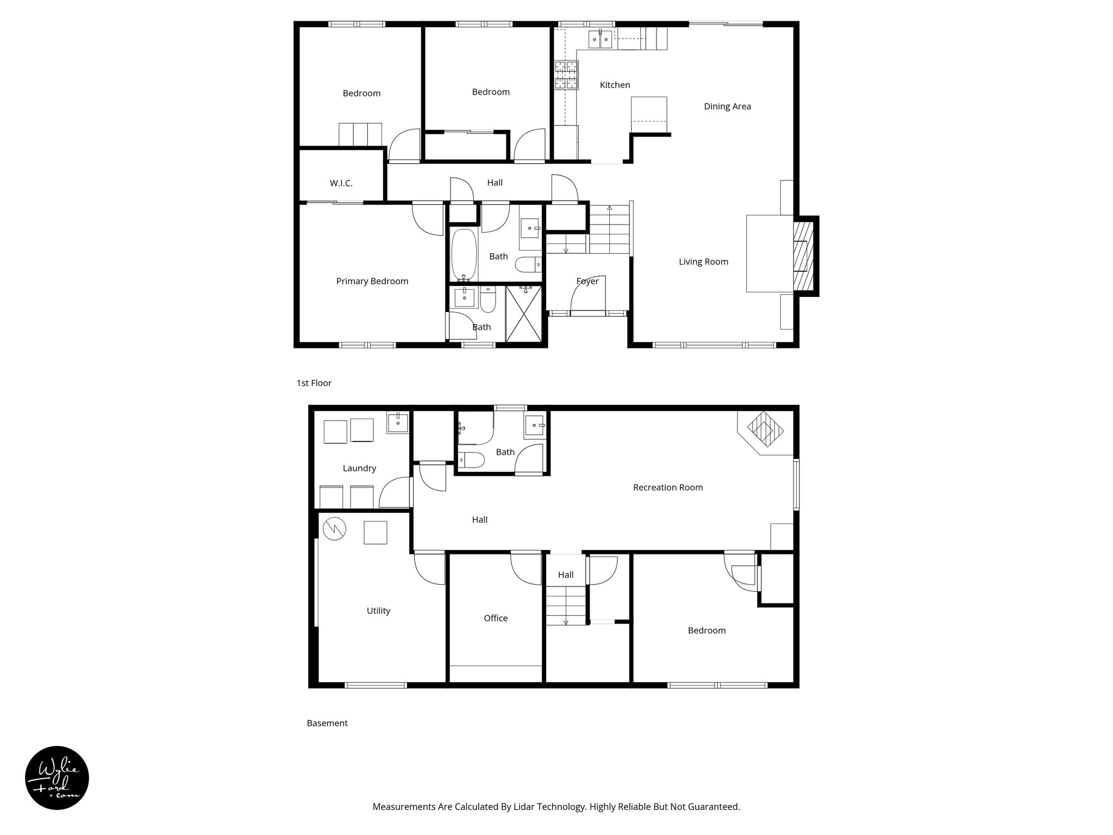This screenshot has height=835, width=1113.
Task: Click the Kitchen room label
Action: coord(615,85)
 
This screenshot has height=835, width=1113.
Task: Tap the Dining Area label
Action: coord(727,107)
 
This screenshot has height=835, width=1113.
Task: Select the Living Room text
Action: coord(703,262)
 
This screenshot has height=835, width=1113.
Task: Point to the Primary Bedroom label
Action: coord(372,282)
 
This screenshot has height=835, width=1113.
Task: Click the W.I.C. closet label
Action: coord(341,184)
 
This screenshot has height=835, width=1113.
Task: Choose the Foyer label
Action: coord(587,282)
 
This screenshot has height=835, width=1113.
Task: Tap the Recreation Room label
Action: coord(667,488)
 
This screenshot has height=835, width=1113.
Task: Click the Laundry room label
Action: coord(359,469)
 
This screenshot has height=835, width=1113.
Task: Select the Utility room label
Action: coord(378,611)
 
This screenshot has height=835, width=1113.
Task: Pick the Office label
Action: coord(495,619)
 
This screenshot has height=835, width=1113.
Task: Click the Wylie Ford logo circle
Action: coord(57,778)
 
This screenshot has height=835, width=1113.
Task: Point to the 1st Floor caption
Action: coord(314,383)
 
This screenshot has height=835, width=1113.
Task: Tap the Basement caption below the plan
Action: coord(327,724)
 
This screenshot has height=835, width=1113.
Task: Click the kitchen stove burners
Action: coord(566,75)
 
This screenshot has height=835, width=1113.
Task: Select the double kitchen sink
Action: coord(600,39)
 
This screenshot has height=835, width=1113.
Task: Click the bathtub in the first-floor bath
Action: coord(464,254)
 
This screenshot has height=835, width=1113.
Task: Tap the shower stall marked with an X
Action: coord(524,314)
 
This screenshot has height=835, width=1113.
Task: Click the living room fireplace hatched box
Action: coord(804,256)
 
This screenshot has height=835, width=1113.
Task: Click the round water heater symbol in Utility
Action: coord(334,528)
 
